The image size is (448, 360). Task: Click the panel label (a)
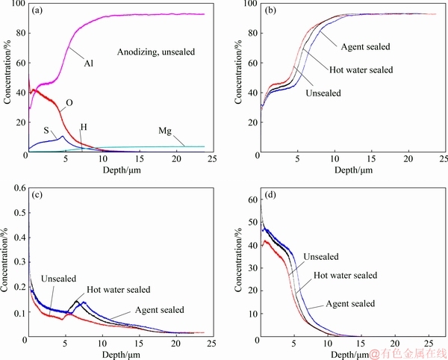37,11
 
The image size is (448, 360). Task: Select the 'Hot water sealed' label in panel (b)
360,70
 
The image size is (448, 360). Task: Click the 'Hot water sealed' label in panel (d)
345,275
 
